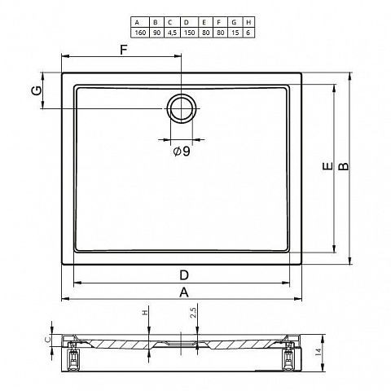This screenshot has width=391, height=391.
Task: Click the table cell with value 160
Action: tap(140, 33)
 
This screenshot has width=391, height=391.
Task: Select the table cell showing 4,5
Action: tap(172, 33)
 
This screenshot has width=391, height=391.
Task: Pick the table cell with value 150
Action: tap(189, 33)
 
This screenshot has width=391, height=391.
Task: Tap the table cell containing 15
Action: tap(235, 33)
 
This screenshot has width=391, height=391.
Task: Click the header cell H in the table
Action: tap(248, 22)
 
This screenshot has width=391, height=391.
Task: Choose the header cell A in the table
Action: tap(138, 22)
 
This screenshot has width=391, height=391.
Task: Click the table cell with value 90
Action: tap(156, 33)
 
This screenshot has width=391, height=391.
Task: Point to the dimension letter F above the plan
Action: tap(124, 50)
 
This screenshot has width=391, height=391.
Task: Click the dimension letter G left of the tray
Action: tap(37, 90)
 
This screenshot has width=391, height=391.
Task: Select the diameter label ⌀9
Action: tap(182, 152)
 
